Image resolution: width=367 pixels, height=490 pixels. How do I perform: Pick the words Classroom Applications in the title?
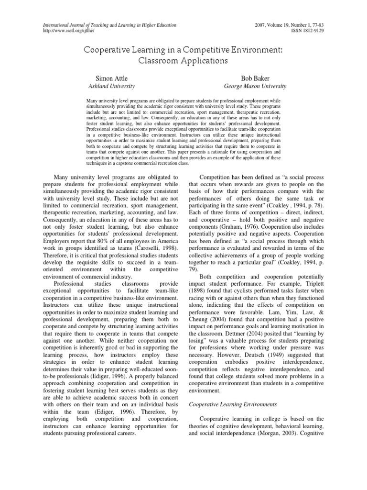click(183, 61)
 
